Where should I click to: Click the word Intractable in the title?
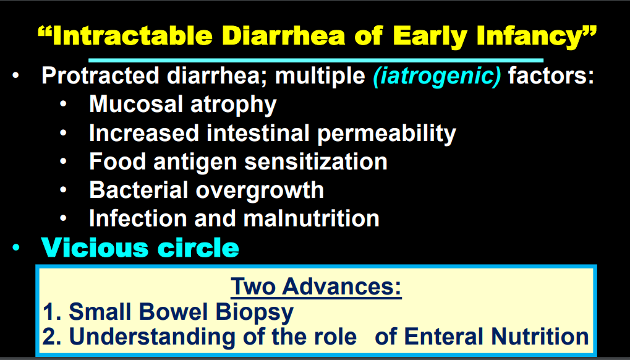[132, 36]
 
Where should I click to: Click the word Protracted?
[100, 75]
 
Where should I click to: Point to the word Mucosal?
[137, 104]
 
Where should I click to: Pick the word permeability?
[386, 134]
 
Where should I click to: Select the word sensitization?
[316, 161]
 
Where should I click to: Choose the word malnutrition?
[312, 218]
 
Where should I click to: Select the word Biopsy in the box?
[255, 313]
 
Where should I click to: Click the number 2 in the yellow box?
[49, 336]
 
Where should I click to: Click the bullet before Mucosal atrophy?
[63, 104]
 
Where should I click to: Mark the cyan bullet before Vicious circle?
[15, 248]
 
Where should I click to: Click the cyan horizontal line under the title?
[316, 61]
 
